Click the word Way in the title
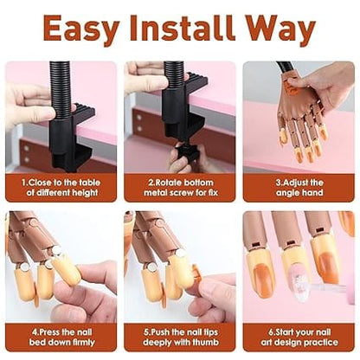click(x=282, y=29)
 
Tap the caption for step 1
click(x=61, y=189)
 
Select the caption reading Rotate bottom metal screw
click(x=179, y=189)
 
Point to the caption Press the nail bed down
click(x=61, y=336)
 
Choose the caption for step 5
click(x=179, y=336)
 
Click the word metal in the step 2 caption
click(x=156, y=196)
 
